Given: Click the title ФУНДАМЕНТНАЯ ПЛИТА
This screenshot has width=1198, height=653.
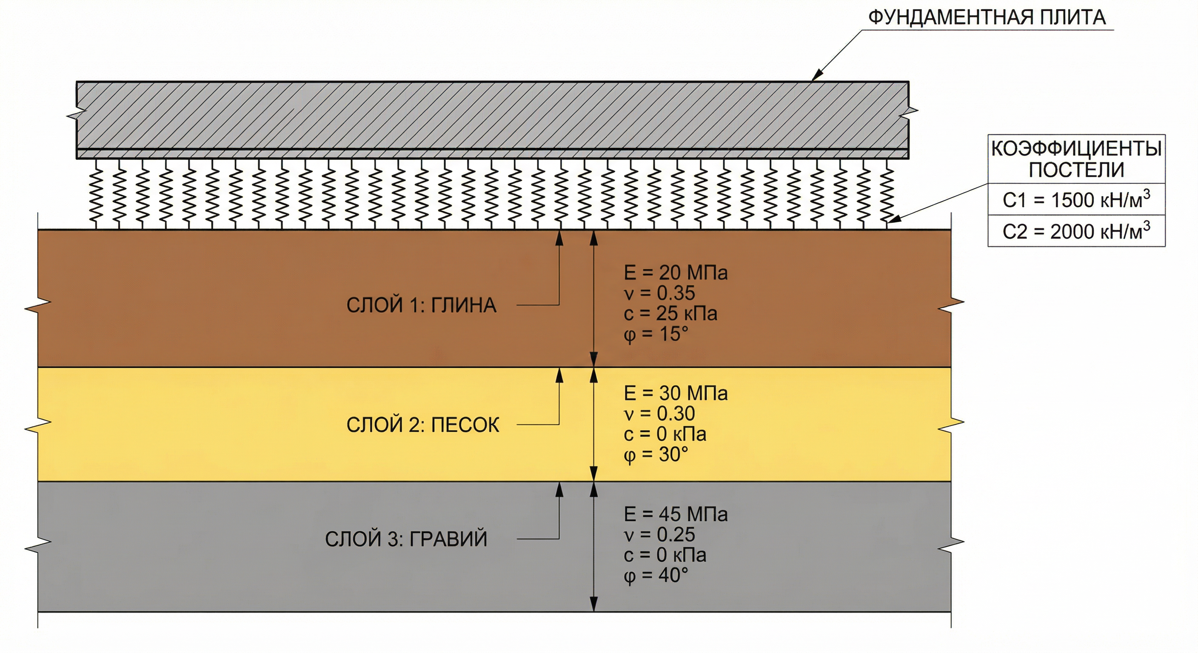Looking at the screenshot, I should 987,18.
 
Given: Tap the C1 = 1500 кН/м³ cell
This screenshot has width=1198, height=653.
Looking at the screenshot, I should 1076,199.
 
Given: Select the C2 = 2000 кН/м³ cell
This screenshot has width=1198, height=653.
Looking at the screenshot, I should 1076,231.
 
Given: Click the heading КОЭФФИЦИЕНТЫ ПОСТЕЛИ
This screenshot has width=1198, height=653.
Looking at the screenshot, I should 1076,159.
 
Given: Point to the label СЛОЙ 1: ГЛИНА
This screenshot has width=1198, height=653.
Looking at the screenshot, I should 421,305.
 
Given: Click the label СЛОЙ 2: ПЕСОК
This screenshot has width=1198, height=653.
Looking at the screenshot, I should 423,425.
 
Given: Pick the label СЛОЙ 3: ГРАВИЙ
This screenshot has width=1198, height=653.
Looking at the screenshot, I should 406,539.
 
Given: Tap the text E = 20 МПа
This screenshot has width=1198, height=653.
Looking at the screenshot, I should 675,273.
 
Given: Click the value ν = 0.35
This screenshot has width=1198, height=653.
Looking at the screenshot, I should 659,293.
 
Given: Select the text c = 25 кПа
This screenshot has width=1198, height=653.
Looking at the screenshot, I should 670,314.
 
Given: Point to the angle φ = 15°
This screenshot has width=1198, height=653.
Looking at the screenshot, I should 655,335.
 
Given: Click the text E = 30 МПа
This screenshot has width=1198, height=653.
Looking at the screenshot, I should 675,394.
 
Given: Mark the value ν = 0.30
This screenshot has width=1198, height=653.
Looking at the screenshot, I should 659,414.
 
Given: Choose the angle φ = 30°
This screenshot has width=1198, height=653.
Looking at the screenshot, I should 655,454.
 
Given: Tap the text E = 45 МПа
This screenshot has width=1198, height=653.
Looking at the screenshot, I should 675,514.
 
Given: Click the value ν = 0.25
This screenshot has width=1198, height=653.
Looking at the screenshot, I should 659,535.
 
